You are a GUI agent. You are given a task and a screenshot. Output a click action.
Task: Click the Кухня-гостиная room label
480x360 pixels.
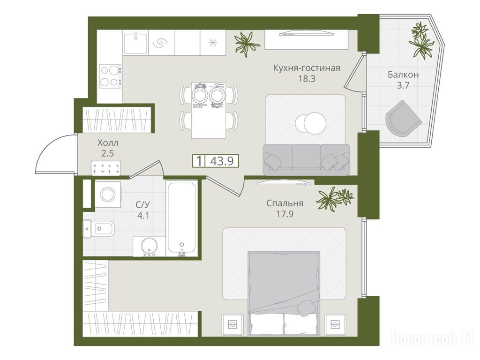point(307,67)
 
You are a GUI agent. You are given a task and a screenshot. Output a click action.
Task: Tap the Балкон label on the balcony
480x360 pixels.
point(403,75)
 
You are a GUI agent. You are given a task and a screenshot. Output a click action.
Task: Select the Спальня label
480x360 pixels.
point(285,203)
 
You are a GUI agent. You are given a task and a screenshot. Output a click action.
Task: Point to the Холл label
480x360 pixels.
point(108,142)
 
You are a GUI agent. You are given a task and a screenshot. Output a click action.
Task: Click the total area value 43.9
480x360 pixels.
point(222,161)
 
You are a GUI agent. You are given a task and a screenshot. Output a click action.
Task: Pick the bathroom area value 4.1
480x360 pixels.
point(143,216)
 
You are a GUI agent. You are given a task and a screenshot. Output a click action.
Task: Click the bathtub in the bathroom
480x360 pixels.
point(181,218)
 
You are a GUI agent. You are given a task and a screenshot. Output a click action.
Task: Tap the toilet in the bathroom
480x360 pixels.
point(98,228)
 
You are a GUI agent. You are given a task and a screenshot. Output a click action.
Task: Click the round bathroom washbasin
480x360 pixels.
point(150,246)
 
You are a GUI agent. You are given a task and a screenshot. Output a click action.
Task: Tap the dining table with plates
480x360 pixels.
point(209,110)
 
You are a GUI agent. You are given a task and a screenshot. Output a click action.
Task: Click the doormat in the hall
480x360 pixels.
point(106,168)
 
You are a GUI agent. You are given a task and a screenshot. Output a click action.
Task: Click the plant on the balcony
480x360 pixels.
point(422,41)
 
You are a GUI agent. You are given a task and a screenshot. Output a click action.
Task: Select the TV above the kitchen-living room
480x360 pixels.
point(307,32)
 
